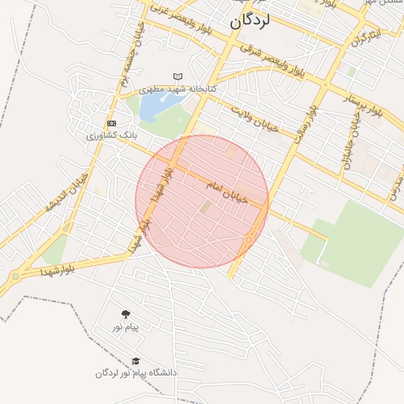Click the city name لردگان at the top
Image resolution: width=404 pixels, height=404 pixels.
(x=250, y=22)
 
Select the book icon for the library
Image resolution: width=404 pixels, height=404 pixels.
(x=178, y=77)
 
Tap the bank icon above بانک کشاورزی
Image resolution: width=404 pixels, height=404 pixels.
(x=111, y=123)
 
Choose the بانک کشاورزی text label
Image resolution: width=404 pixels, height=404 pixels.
(x=111, y=136)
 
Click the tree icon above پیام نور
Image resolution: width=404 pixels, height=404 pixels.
(x=125, y=315)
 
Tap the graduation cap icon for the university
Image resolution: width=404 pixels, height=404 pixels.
(x=136, y=361)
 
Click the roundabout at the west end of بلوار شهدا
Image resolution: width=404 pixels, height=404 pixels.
(x=15, y=276)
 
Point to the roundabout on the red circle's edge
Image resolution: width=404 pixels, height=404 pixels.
(x=250, y=239)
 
